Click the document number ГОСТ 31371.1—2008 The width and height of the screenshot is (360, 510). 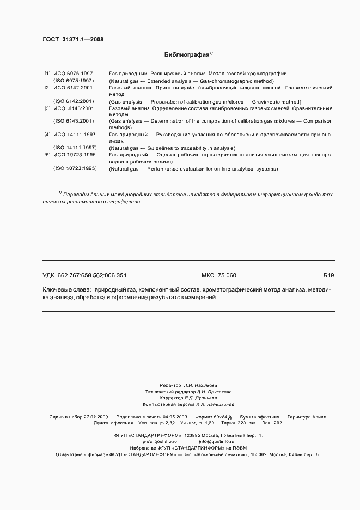[x=72, y=40]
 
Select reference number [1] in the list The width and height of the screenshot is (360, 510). [x=47, y=74]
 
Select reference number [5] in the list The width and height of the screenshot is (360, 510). [x=47, y=155]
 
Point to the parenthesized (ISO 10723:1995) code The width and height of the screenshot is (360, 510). [x=75, y=169]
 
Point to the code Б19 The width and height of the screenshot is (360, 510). [x=328, y=276]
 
